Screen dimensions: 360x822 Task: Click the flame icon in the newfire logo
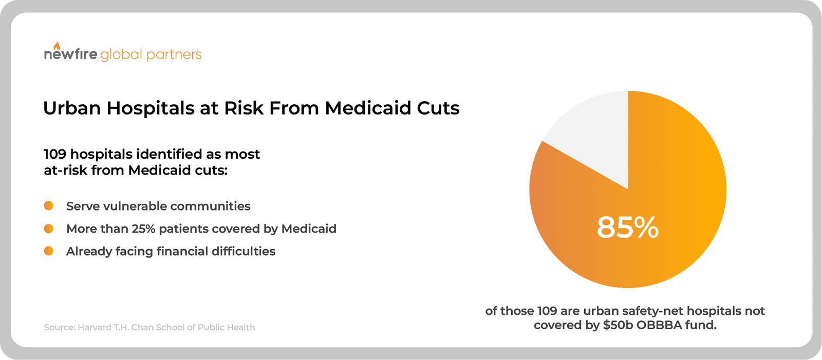(x=57, y=46)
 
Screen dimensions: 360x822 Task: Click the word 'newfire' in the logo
(x=70, y=54)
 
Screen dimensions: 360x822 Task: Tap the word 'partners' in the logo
(x=174, y=55)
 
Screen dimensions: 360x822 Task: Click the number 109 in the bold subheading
(x=55, y=154)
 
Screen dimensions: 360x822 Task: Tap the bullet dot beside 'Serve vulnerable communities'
(x=49, y=206)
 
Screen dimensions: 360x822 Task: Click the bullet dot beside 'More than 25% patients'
(x=49, y=229)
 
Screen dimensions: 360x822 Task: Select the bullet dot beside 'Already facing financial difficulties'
(x=49, y=251)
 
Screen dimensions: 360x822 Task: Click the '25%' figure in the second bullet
(x=143, y=229)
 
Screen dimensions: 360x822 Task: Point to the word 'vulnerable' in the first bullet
(x=135, y=206)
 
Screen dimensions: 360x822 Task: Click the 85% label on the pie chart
(x=627, y=227)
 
